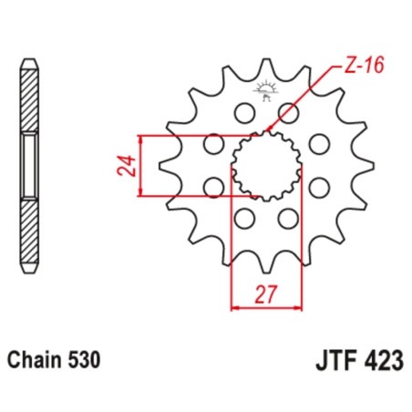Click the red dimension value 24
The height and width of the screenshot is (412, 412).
(128, 166)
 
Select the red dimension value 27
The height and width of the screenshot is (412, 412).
(265, 295)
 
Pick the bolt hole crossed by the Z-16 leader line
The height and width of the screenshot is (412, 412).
(289, 112)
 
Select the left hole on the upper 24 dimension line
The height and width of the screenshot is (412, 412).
(213, 143)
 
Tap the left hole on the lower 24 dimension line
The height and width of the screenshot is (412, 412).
(213, 188)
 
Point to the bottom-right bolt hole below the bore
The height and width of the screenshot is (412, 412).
(289, 219)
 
